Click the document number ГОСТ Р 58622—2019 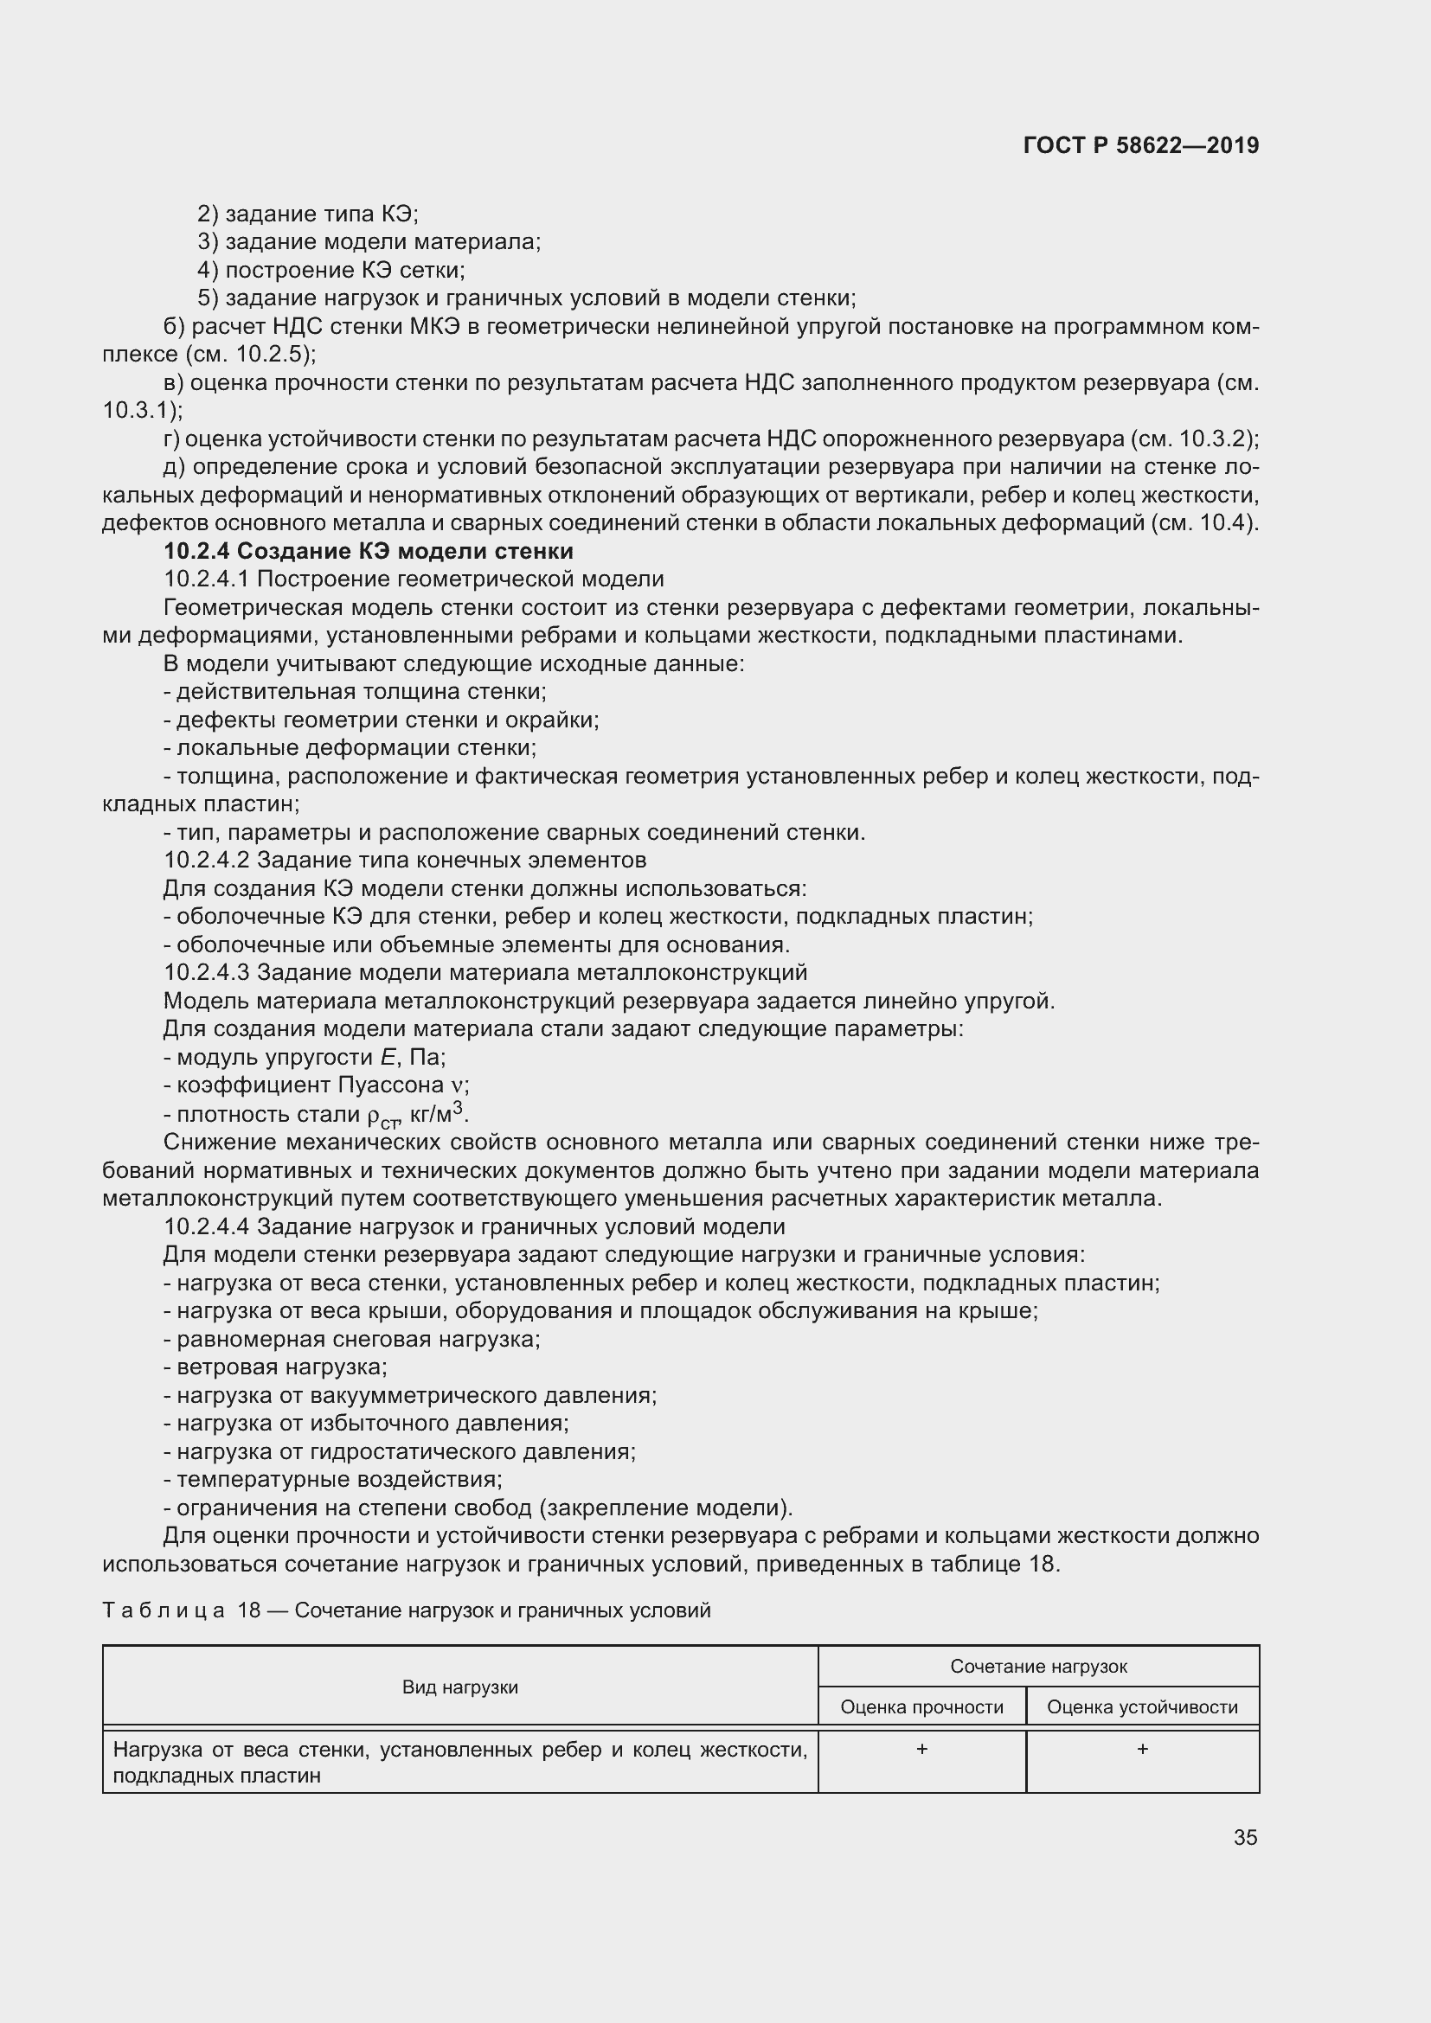1141,145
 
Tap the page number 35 1245,1837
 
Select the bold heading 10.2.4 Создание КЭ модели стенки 369,552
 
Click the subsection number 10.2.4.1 207,579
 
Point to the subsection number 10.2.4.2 207,860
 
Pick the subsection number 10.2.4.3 207,973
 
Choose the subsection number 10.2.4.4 207,1226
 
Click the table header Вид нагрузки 460,1687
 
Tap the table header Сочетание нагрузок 1039,1666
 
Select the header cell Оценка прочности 921,1707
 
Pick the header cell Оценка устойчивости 1142,1707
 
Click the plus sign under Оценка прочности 921,1749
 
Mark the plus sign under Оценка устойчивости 1143,1749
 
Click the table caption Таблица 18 182,1610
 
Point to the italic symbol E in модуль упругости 388,1057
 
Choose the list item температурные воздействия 339,1479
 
